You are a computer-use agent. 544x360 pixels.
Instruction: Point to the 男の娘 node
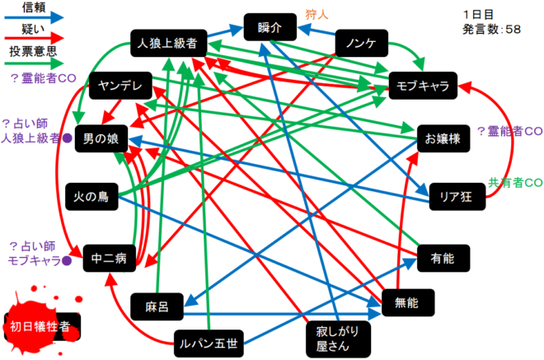pyautogui.click(x=101, y=139)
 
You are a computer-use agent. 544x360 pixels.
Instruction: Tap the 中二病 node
pyautogui.click(x=109, y=259)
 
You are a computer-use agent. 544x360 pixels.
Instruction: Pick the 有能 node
pyautogui.click(x=443, y=259)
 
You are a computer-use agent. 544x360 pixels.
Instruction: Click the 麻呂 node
pyautogui.click(x=156, y=306)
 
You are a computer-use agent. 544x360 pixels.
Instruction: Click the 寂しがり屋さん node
pyautogui.click(x=332, y=338)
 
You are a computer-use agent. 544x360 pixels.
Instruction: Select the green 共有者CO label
pyautogui.click(x=514, y=182)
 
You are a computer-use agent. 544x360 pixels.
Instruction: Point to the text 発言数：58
pyautogui.click(x=492, y=29)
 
